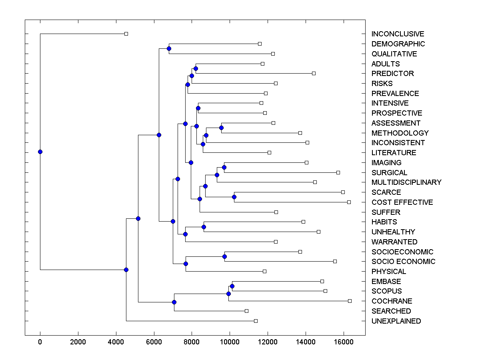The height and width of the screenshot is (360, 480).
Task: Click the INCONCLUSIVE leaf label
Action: [x=398, y=34]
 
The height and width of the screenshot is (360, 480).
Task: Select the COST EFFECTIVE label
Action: [x=402, y=202]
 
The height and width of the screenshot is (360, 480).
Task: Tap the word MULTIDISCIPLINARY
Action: [x=406, y=182]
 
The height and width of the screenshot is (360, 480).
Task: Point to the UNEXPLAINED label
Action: [x=396, y=321]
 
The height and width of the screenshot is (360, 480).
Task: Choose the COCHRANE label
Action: [x=392, y=301]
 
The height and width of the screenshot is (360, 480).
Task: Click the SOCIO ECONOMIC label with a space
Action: [x=403, y=262]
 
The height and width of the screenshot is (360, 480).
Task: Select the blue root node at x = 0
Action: [x=40, y=152]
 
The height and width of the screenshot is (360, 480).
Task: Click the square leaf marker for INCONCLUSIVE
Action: [x=126, y=34]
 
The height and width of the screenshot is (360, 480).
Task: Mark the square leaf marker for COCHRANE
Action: [x=350, y=301]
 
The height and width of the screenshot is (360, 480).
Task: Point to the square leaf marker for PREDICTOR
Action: [x=314, y=73]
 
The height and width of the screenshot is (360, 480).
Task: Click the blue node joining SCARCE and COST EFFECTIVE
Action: [x=234, y=197]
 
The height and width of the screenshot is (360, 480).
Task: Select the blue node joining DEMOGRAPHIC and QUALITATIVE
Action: [x=169, y=48]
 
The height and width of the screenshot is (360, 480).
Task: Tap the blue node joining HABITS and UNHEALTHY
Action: [x=204, y=227]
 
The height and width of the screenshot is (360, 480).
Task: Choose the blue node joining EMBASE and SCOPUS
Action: [x=232, y=286]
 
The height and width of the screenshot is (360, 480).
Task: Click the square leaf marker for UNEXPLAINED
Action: [x=256, y=321]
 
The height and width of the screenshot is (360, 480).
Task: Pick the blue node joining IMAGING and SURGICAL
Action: [x=224, y=167]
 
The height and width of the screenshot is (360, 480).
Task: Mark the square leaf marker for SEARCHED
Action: [x=246, y=311]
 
